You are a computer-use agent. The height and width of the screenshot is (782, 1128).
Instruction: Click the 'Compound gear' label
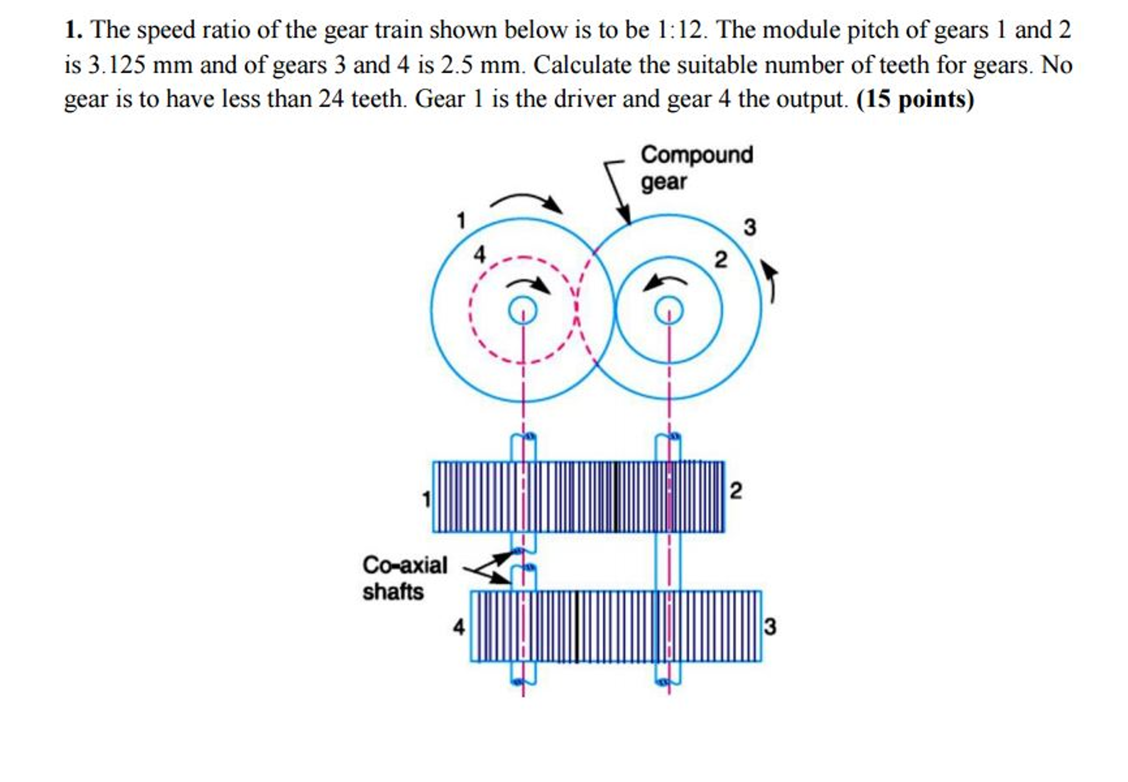(696, 168)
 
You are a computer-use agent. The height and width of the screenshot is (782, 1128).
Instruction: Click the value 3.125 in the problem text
(117, 65)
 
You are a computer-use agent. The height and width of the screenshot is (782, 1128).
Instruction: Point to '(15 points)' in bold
(915, 99)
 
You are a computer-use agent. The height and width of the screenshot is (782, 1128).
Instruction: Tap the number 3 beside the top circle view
(750, 227)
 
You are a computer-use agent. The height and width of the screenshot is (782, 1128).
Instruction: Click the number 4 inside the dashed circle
(480, 254)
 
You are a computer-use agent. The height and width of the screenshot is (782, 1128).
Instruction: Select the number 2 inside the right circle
(721, 260)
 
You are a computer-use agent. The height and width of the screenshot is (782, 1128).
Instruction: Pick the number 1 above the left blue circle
(461, 221)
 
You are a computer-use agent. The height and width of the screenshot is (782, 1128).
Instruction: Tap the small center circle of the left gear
(522, 310)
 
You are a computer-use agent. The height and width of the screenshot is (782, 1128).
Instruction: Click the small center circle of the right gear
(669, 310)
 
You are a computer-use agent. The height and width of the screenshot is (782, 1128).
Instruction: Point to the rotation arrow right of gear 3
(770, 281)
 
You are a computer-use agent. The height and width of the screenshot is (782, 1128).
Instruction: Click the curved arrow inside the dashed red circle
(529, 285)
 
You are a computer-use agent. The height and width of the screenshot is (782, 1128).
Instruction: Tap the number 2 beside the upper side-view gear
(735, 490)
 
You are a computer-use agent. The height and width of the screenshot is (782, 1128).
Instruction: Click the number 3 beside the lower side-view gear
(770, 626)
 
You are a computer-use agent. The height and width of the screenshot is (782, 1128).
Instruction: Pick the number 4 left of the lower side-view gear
(459, 627)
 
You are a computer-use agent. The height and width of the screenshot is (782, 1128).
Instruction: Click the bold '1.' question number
(73, 30)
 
